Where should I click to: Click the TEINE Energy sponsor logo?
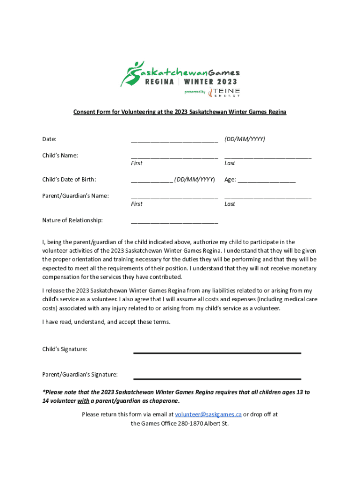tap(224, 92)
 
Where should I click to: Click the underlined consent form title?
tap(180, 112)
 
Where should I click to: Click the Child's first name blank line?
tap(174, 156)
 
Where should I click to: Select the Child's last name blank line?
tap(268, 156)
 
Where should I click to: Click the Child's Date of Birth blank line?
tap(152, 180)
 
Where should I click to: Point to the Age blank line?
tap(266, 180)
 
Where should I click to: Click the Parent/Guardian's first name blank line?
tap(174, 197)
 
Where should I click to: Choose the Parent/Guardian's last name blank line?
tap(268, 197)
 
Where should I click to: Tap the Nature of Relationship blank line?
tap(174, 221)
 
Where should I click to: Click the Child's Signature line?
tap(217, 352)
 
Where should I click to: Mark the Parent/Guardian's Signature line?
tap(217, 378)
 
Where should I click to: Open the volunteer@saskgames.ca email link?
tap(208, 414)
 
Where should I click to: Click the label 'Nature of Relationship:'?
tap(72, 220)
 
